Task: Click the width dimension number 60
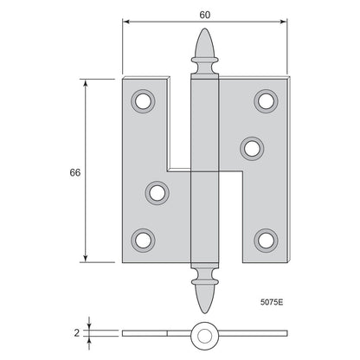click(205, 15)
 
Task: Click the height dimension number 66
click(75, 172)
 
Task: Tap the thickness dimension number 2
click(76, 333)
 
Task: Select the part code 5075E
click(272, 302)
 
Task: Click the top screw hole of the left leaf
click(143, 101)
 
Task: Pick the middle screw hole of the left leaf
click(157, 193)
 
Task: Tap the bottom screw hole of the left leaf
click(143, 241)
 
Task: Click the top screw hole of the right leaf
click(266, 101)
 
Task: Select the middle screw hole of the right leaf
click(252, 149)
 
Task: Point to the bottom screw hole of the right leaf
click(266, 241)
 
